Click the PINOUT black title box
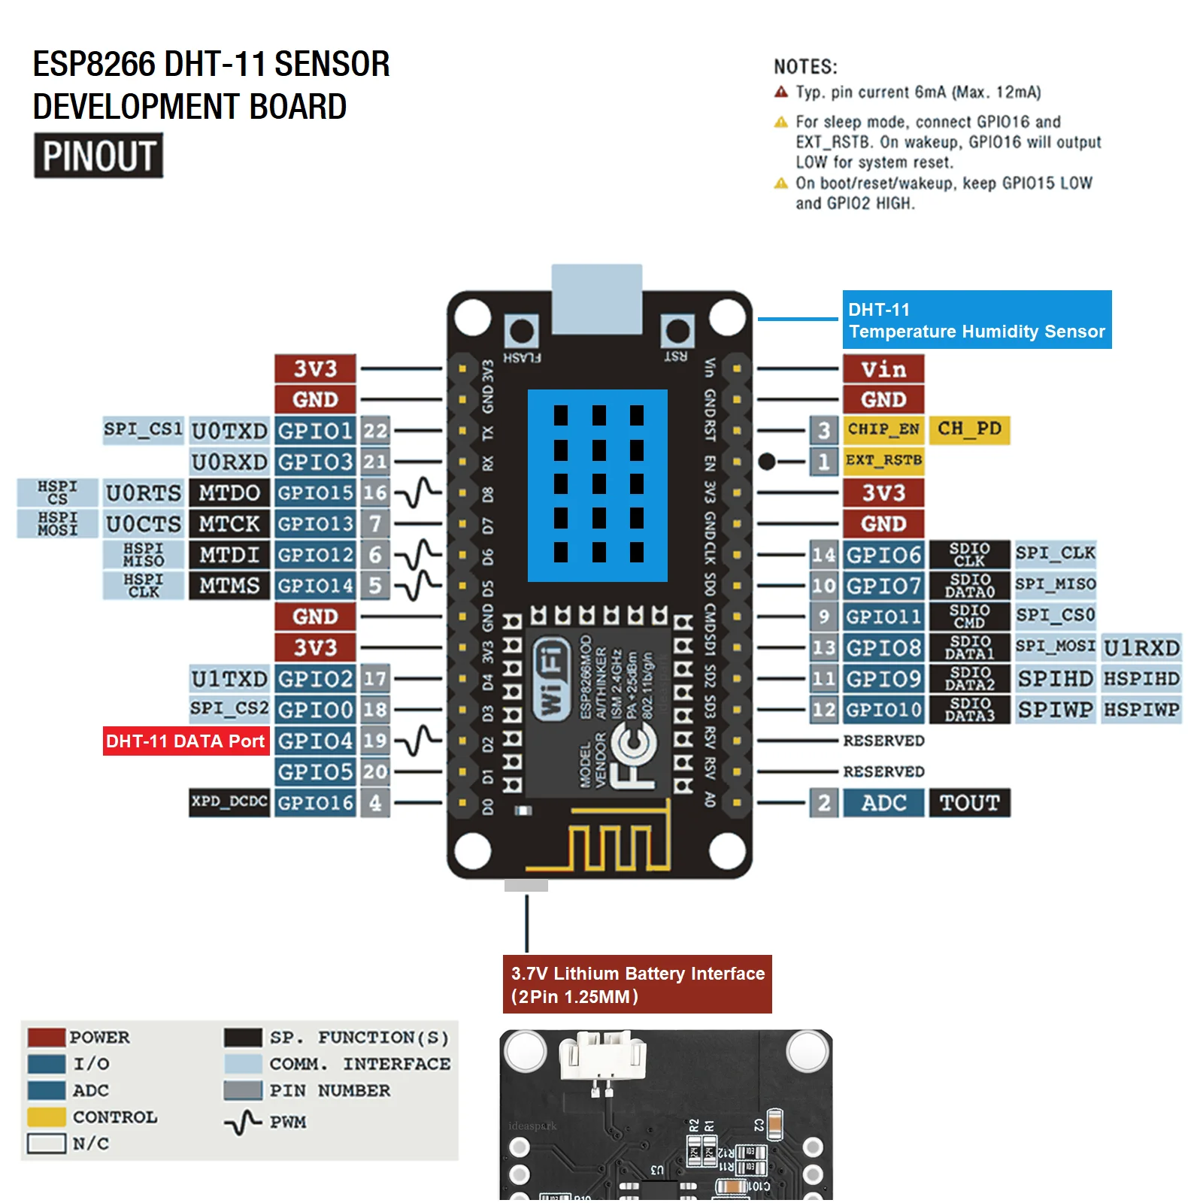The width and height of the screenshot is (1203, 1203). (x=98, y=156)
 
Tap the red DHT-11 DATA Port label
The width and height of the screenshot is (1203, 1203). (x=186, y=741)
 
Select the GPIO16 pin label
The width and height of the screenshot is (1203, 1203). (x=314, y=803)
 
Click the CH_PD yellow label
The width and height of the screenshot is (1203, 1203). (x=969, y=429)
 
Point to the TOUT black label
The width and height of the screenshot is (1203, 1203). (x=969, y=803)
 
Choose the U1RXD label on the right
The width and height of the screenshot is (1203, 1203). (x=1141, y=648)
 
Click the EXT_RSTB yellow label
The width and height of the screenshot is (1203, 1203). (x=883, y=460)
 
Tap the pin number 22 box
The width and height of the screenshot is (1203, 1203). (x=375, y=431)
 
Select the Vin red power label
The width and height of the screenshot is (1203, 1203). (x=883, y=369)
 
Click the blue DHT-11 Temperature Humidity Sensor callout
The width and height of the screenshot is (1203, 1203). (x=976, y=320)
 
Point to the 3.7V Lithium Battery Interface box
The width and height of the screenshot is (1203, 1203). (x=637, y=985)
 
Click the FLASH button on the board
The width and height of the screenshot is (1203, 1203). (x=521, y=332)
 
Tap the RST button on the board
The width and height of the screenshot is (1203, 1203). (x=677, y=332)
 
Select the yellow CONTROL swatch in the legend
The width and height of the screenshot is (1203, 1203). (x=47, y=1117)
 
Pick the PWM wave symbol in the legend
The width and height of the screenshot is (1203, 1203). (x=242, y=1123)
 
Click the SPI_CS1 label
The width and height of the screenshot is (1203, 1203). (x=143, y=430)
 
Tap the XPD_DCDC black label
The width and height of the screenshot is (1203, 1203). (x=229, y=802)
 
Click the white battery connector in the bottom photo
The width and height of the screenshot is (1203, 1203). (x=602, y=1056)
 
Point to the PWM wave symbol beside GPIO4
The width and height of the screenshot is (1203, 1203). (x=418, y=741)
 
